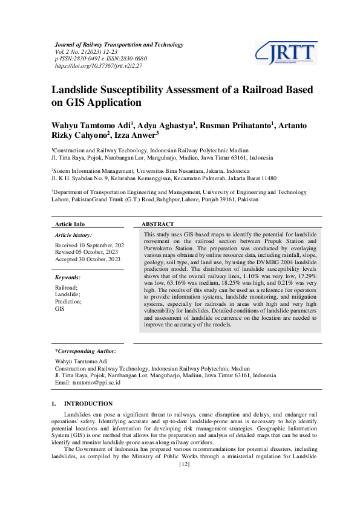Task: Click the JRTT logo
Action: pos(286,53)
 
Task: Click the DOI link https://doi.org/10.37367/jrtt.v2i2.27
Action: pos(98,65)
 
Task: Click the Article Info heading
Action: pos(70,224)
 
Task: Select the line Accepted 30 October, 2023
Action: pos(88,259)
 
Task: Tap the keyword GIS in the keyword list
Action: pos(60,308)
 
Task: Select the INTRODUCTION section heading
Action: pos(88,403)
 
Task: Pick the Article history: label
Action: pos(73,235)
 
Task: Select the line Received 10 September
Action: pos(89,245)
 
